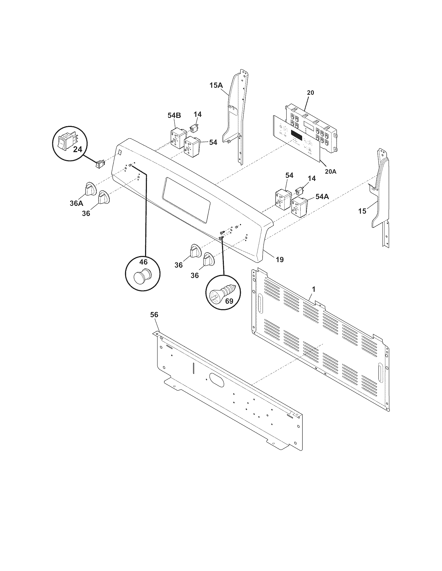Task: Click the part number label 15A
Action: (x=216, y=85)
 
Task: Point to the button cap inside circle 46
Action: (x=142, y=276)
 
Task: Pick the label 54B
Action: (x=174, y=115)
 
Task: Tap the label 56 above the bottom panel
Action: (x=154, y=315)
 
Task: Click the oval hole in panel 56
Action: (x=217, y=380)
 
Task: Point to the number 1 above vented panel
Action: (x=314, y=289)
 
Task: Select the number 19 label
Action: (x=280, y=260)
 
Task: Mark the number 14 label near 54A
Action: (x=311, y=178)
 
